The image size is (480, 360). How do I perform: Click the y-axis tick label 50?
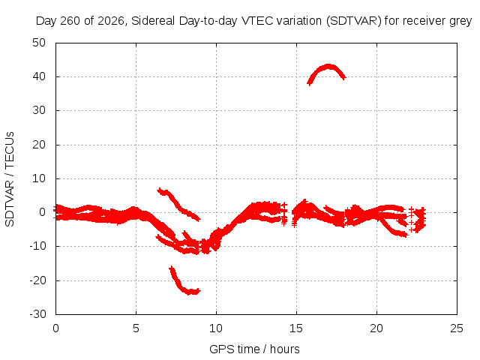39,43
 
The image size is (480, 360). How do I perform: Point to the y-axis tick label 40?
39,76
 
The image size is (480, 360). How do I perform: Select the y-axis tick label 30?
39,110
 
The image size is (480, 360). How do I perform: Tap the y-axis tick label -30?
37,314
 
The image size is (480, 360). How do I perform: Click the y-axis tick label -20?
37,280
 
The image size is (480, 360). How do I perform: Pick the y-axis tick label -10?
37,246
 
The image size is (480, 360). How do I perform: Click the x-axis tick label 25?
457,328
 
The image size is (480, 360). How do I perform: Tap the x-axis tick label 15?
296,328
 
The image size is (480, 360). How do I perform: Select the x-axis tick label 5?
136,328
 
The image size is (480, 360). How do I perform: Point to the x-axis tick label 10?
216,328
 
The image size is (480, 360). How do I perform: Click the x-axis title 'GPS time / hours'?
254,349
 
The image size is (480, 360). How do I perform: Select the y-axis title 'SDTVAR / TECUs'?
10,179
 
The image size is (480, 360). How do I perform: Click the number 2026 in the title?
110,21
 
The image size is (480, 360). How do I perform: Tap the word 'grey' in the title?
460,22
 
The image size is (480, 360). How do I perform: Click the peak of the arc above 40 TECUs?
328,66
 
